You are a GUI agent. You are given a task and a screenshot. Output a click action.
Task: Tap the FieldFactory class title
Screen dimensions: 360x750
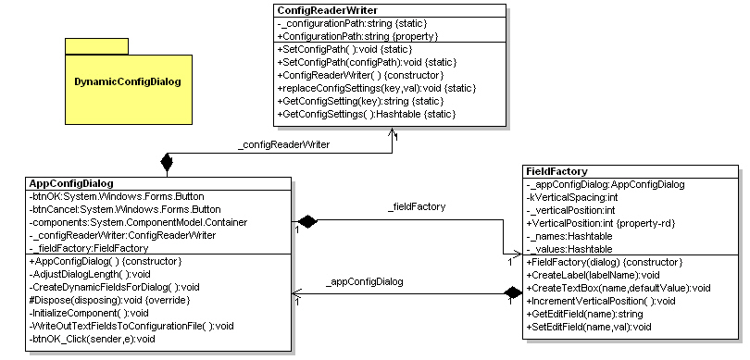(x=555, y=171)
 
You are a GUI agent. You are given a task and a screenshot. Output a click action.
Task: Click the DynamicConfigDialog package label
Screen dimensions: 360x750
(x=128, y=81)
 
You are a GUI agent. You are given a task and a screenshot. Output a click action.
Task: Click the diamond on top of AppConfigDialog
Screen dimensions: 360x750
(x=167, y=164)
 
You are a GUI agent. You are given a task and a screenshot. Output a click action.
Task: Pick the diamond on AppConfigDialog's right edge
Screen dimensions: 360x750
(x=306, y=222)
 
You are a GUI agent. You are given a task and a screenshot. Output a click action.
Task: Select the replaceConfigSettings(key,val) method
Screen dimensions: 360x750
(x=376, y=87)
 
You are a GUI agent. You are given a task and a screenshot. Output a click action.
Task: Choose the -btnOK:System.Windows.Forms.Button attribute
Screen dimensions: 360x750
(x=117, y=196)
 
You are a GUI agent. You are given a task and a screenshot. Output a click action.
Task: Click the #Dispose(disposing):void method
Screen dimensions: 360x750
(x=102, y=300)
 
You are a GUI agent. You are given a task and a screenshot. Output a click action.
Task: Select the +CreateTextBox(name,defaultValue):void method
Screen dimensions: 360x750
(x=618, y=288)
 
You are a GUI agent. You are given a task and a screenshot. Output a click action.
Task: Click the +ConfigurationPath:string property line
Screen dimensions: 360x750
(x=357, y=35)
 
